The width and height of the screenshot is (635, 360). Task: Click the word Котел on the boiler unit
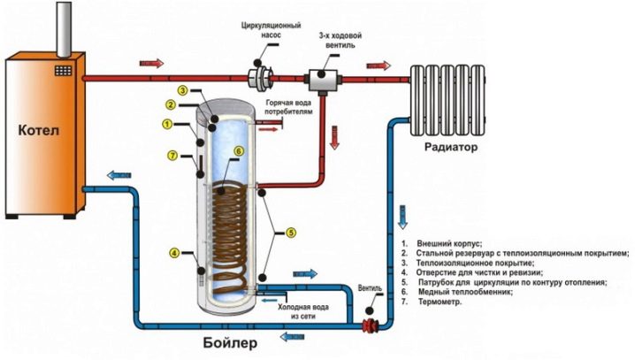tap(39, 130)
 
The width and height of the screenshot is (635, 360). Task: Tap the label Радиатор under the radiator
tap(451, 147)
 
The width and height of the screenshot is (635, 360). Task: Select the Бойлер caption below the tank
tap(230, 343)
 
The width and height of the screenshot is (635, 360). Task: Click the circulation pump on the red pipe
tap(260, 78)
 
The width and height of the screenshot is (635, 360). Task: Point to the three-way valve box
tap(323, 80)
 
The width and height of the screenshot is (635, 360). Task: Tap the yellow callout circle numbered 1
tap(167, 124)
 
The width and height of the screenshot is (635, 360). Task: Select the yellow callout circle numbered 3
tap(183, 90)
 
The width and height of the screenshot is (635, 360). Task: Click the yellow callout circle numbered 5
tap(291, 233)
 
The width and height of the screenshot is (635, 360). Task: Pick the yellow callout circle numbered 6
tap(239, 151)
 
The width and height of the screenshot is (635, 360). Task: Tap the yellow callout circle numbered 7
tap(173, 156)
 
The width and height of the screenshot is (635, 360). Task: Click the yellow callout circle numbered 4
tap(174, 253)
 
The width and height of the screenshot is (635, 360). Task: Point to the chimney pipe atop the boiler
tap(64, 29)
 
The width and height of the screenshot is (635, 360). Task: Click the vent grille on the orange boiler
tap(63, 71)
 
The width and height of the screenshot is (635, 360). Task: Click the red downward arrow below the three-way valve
tap(334, 138)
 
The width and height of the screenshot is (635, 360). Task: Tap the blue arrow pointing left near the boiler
tap(119, 175)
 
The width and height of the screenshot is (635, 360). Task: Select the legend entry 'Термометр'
tap(432, 302)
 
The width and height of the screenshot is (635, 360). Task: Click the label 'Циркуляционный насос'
tap(271, 30)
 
